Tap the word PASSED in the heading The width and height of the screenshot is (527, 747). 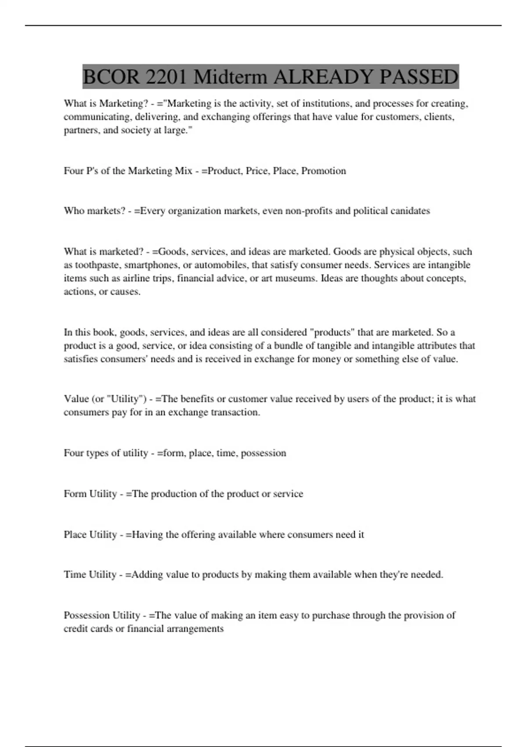[419, 77]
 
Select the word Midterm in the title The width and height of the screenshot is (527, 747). [230, 77]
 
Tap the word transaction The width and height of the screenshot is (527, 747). [235, 413]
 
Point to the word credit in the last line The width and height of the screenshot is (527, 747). [76, 629]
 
